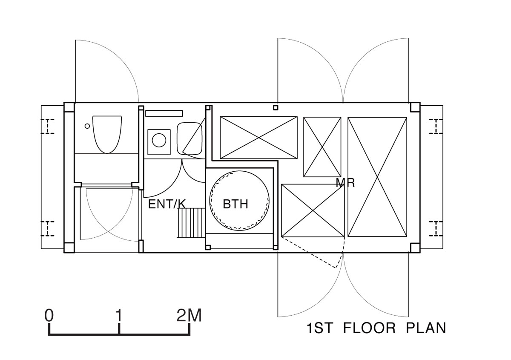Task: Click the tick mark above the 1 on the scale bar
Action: coord(119,329)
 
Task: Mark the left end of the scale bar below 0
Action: coord(49,335)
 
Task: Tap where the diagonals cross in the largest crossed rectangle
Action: coord(377,177)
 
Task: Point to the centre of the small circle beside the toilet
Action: coord(87,126)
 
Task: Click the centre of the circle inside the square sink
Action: coord(159,140)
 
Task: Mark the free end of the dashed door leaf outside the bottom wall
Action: coord(336,268)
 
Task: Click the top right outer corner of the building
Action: coord(420,103)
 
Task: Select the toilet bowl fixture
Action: coord(107,135)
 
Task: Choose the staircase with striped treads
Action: coord(192,222)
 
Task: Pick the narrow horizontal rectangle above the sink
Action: coord(164,113)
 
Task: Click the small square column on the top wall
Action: coord(276,107)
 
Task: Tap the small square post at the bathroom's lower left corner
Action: coord(208,247)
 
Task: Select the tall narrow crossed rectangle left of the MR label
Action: coord(322,147)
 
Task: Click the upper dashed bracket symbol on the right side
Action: coord(436,126)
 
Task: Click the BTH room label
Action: coord(235,204)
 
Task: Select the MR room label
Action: coord(345,183)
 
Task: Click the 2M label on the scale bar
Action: coord(189,316)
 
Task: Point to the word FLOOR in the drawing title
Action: coord(369,328)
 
